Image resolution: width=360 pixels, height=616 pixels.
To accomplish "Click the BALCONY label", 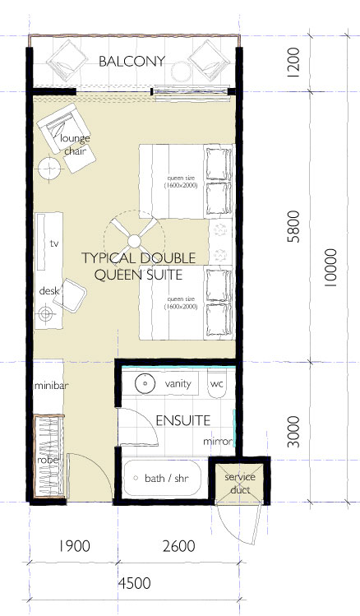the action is [132, 62].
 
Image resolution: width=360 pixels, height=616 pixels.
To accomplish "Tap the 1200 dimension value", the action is [293, 63].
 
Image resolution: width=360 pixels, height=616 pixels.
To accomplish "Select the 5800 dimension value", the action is [293, 227].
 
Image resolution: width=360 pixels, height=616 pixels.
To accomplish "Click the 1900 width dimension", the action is [74, 545].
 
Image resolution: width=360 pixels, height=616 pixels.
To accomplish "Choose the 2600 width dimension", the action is [178, 545].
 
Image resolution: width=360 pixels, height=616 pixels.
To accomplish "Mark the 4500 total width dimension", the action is [135, 583].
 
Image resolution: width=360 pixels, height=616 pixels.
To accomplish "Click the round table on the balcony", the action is [182, 72].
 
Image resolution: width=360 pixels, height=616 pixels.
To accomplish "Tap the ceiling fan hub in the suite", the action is [134, 240].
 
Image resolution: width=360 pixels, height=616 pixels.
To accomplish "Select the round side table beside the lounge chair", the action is [50, 168].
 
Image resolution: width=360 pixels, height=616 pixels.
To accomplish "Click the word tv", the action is [54, 243].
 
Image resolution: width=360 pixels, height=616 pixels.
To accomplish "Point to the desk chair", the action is [70, 294].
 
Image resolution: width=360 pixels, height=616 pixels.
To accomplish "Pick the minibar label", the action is [52, 386].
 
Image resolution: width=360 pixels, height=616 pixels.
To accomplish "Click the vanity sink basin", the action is [145, 382].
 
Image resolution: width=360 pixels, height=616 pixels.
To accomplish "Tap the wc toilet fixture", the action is [217, 383].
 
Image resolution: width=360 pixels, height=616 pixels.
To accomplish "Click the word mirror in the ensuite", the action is [218, 441].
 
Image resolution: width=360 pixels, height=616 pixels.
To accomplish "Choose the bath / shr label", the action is [167, 478].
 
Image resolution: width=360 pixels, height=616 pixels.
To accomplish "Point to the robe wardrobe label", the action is [48, 460].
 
